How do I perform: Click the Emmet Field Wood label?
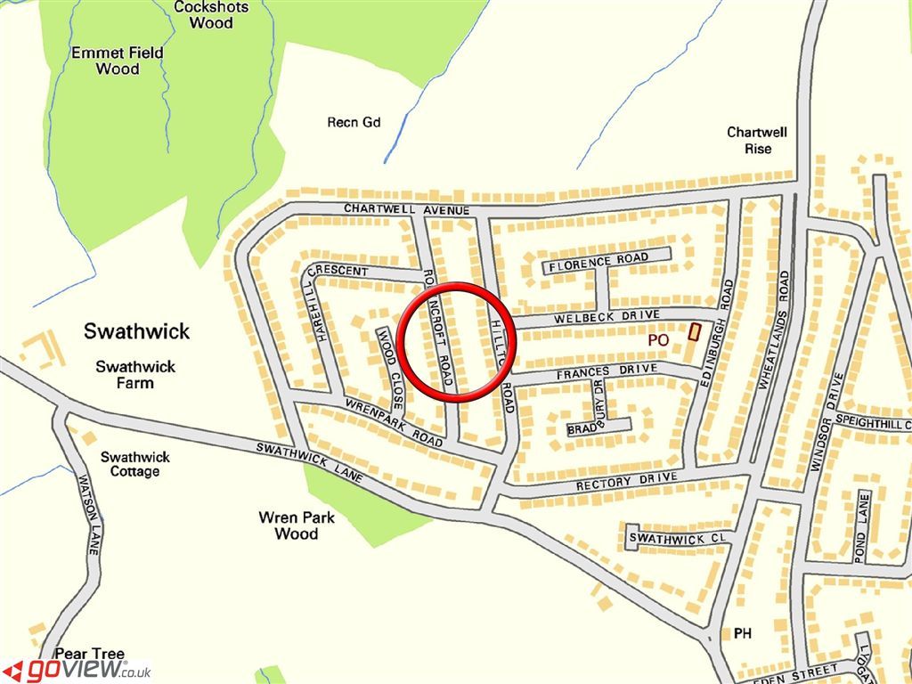click(x=118, y=60)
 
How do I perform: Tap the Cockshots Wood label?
click(x=211, y=14)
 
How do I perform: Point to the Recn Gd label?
click(x=354, y=122)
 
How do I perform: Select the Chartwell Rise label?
click(x=757, y=140)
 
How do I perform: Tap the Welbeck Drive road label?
click(x=606, y=316)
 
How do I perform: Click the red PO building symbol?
click(x=695, y=331)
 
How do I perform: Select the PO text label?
click(x=658, y=339)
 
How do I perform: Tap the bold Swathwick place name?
click(x=136, y=331)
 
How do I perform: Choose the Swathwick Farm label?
click(x=135, y=374)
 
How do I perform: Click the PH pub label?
click(x=743, y=633)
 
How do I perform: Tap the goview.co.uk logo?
click(x=78, y=669)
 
